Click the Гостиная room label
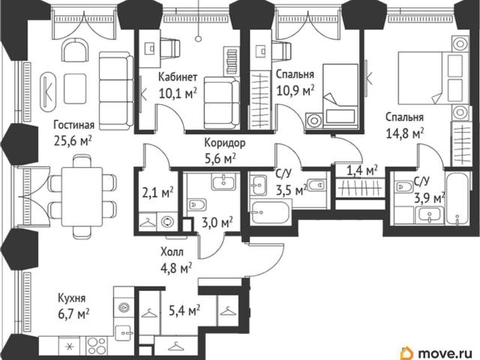[x=73, y=125]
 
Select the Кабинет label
[x=178, y=77]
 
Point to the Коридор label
[x=225, y=143]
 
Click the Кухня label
[x=72, y=298]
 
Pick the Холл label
[x=172, y=252]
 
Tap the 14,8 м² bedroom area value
[x=405, y=133]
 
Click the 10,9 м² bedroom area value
[x=295, y=90]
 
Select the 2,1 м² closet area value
[x=158, y=193]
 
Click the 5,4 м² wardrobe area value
[x=184, y=310]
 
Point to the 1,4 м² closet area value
[x=361, y=171]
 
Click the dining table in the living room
[x=82, y=196]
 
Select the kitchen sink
[x=124, y=333]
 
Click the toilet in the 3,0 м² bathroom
[x=196, y=204]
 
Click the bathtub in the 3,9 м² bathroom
[x=457, y=199]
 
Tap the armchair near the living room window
[x=74, y=51]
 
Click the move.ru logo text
[x=442, y=353]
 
